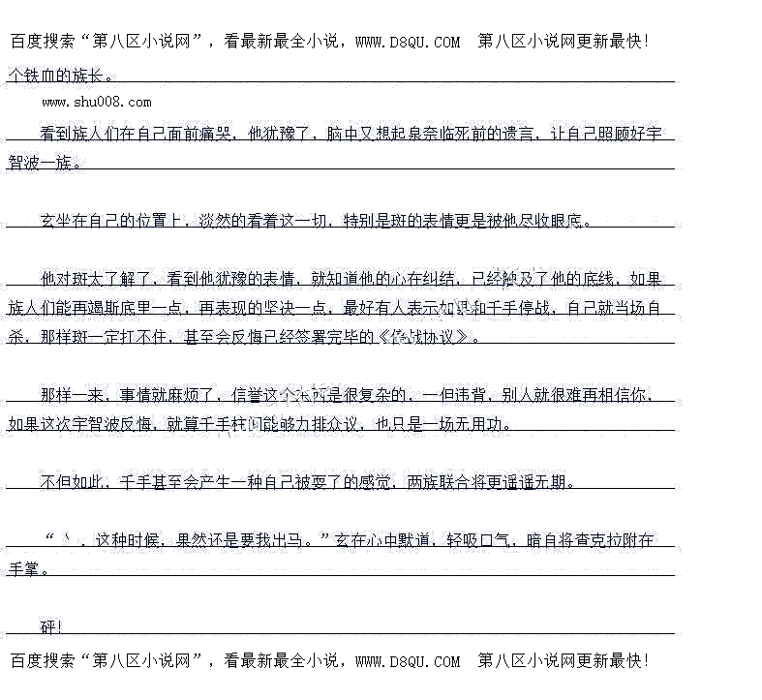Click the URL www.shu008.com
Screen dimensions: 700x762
[x=96, y=102]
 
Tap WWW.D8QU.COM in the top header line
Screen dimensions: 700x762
[x=408, y=42]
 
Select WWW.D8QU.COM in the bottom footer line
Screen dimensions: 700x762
[x=408, y=661]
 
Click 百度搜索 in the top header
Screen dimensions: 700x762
[x=42, y=42]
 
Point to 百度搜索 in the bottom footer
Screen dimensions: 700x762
[x=42, y=661]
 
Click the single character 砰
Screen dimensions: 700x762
[x=49, y=627]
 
